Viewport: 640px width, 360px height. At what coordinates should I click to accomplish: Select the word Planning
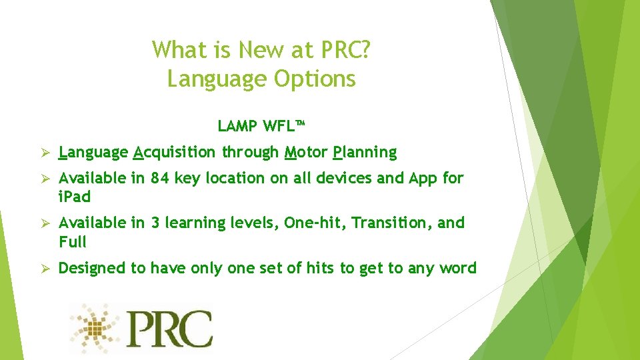[x=365, y=153]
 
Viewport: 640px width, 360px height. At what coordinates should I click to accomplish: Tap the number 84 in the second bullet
[x=160, y=178]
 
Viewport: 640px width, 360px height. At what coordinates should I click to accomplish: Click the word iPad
[x=75, y=197]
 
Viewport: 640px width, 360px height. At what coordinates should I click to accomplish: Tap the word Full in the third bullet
[x=73, y=241]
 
